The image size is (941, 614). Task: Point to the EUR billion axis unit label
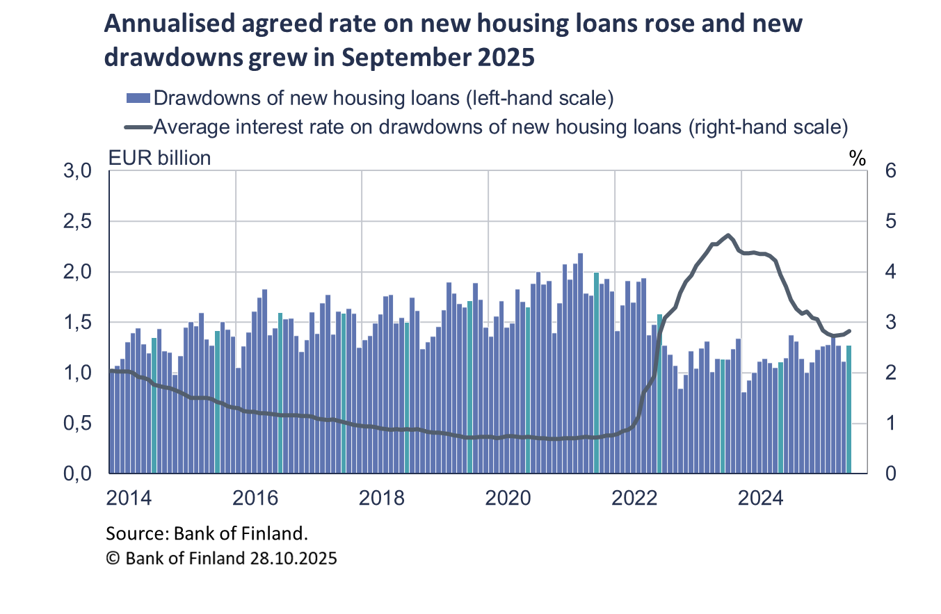click(159, 158)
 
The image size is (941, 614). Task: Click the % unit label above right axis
click(857, 158)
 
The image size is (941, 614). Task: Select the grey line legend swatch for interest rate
click(138, 127)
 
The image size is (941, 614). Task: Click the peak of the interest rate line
click(728, 235)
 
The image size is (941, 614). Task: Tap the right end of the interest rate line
click(850, 331)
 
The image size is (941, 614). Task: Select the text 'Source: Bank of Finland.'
click(207, 533)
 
